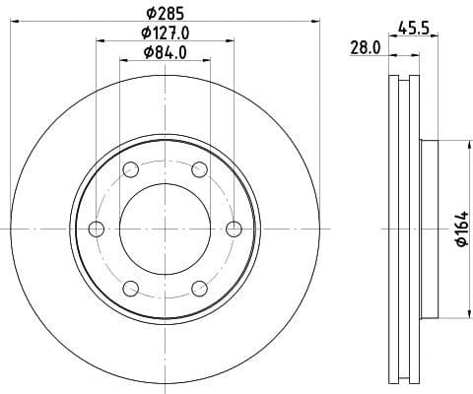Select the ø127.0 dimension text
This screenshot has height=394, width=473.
coord(165,33)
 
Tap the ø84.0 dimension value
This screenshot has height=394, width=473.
coord(165,53)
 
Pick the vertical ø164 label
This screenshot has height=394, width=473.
coord(459,230)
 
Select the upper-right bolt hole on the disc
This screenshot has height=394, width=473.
coord(199,169)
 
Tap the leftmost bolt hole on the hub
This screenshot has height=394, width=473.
coord(96,230)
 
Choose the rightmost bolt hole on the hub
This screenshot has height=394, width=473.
coord(234,230)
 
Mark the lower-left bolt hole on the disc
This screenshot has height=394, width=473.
coord(130,289)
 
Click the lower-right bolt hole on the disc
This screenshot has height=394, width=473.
coord(199,289)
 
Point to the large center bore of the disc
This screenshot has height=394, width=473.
coord(165,230)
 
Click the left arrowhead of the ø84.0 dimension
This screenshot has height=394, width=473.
coord(123,61)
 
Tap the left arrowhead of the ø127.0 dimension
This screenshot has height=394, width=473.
coord(100,40)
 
